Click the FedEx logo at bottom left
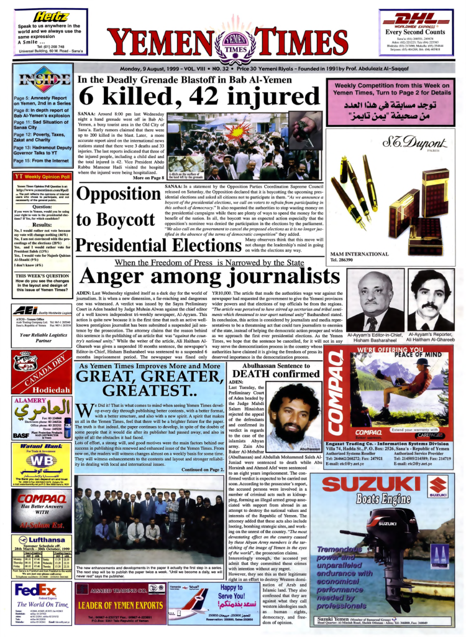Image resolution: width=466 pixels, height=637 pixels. point(35,589)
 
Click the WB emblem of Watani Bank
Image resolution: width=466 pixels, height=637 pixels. point(35,462)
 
